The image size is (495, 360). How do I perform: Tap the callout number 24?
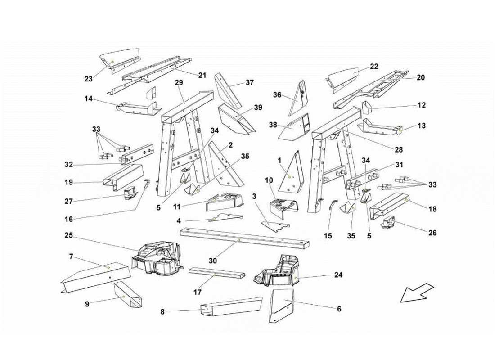click(338, 275)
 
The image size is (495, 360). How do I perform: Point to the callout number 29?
click(179, 83)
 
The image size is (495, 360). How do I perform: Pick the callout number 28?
click(399, 150)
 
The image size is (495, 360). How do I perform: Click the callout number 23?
click(88, 79)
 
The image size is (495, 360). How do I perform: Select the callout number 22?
click(374, 67)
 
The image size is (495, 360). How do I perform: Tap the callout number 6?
click(339, 309)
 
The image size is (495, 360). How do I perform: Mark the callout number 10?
click(269, 180)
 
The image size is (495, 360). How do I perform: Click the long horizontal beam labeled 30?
click(245, 238)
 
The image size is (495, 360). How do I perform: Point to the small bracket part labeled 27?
click(130, 193)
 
